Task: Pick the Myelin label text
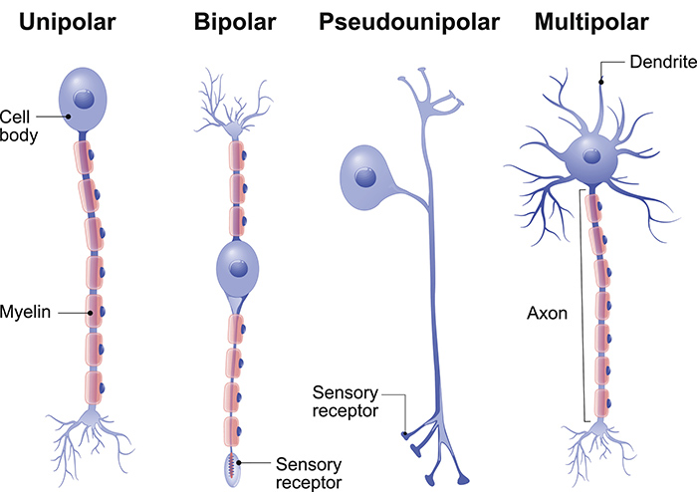(x=25, y=312)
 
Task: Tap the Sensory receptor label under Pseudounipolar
(x=345, y=399)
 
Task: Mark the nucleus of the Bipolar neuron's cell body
(x=237, y=268)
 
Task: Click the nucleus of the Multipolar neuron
(x=594, y=155)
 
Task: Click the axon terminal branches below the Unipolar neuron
(x=95, y=443)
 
